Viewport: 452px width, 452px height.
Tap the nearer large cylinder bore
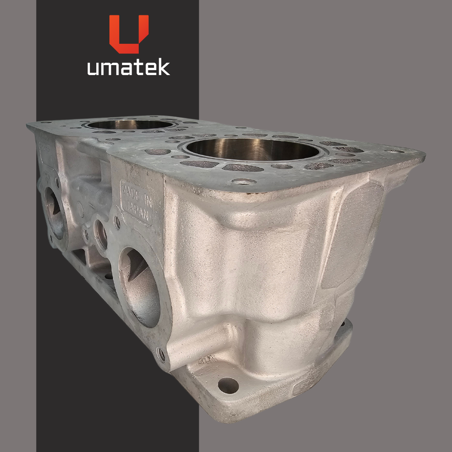pos(253,149)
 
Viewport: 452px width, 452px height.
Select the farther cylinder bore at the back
pos(129,125)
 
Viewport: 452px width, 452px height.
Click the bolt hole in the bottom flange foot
pos(228,386)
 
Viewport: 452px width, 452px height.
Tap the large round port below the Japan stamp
pos(139,287)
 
